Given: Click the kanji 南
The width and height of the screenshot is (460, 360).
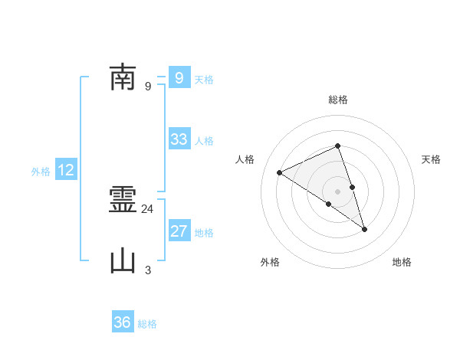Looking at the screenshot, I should pos(123,77).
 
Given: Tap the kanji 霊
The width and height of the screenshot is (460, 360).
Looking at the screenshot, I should pos(123,201).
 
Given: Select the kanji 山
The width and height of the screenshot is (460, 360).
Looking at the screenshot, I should pos(123,261).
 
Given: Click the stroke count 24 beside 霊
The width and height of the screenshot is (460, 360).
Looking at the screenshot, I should pos(148,208).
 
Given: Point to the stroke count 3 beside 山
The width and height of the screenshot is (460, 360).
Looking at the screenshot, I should pos(148,270).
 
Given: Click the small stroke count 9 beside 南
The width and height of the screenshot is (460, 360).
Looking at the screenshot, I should pos(148,86).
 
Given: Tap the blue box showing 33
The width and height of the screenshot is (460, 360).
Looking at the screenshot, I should pos(179,139).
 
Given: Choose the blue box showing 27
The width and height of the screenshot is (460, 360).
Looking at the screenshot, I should pos(179,231).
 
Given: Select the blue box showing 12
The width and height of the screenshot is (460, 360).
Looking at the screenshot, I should pos(66,170).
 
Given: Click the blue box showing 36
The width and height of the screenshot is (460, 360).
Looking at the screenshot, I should pos(123,322).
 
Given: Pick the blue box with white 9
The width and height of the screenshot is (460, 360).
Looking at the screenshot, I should pos(179,78).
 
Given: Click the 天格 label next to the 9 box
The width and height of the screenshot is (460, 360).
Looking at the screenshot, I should pos(204,80).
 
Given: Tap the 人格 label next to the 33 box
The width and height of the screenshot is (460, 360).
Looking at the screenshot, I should pos(204,141).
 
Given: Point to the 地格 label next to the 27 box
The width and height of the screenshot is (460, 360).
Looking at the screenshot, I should pos(204,233).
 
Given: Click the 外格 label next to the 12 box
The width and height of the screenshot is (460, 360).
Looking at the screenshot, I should pos(41,172).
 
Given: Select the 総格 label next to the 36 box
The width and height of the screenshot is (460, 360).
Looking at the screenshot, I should pos(147,324).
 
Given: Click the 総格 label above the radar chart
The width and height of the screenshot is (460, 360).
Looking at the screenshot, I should pos(338,100).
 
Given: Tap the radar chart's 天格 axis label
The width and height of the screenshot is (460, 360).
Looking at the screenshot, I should pos(432,159).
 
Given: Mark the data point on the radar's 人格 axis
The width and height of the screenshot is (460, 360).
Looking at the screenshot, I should pos(280,172).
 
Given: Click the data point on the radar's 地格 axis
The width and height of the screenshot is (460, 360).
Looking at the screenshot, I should pos(364,228).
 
